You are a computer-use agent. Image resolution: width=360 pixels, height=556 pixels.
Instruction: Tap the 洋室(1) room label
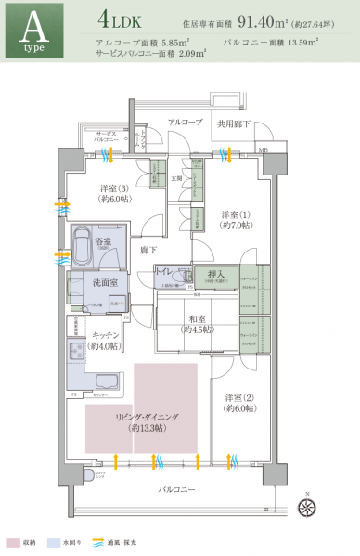click(x=233, y=218)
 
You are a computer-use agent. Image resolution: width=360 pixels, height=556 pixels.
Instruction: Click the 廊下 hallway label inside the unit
click(x=148, y=250)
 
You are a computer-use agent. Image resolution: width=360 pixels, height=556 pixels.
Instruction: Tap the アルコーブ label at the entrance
click(x=185, y=122)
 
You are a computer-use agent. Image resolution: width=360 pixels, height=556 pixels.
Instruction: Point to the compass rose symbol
click(x=308, y=506)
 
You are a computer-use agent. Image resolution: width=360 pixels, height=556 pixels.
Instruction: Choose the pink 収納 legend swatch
click(x=12, y=541)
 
